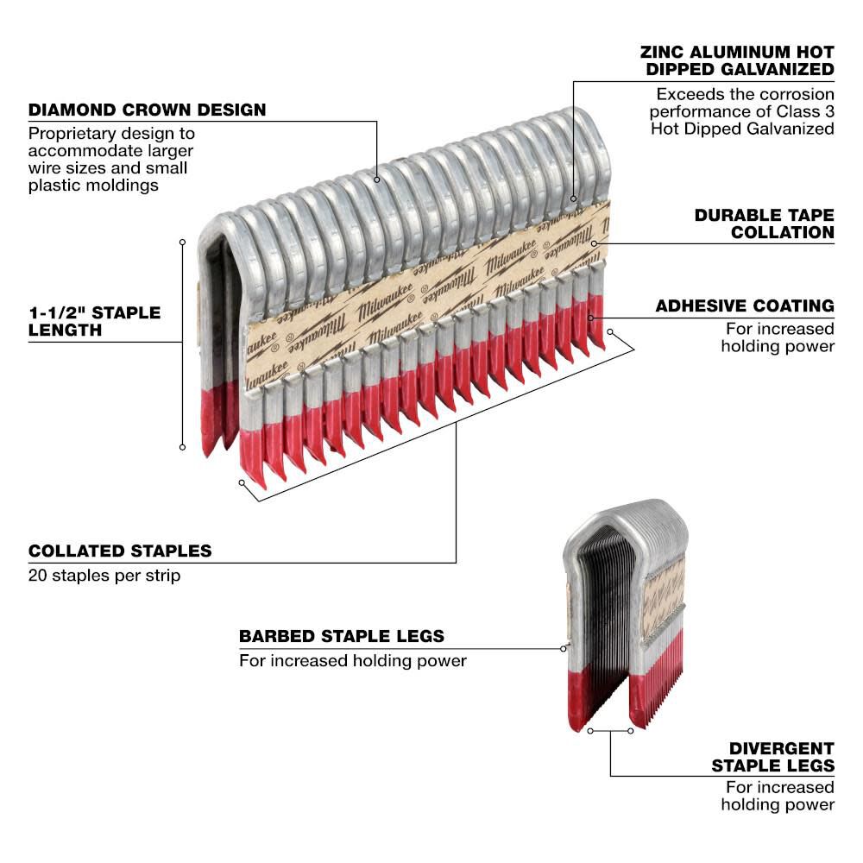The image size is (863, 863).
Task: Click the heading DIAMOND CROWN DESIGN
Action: tap(147, 110)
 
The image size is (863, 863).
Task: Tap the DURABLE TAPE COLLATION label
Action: tap(765, 223)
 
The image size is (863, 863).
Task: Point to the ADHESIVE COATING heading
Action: tap(745, 306)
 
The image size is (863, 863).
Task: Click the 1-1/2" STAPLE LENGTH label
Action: tap(95, 320)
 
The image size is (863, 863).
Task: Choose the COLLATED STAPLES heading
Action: tap(120, 551)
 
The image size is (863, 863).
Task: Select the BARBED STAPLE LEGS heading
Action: tap(342, 636)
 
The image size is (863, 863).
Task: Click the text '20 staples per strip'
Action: tap(104, 575)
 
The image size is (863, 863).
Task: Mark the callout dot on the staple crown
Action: tap(377, 180)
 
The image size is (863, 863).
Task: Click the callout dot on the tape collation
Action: tap(595, 243)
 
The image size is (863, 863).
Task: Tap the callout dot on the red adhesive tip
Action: tap(591, 318)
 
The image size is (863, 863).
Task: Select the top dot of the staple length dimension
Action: tap(182, 243)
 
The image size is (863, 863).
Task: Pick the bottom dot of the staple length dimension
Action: tap(182, 446)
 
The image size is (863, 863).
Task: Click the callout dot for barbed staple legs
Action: tap(564, 647)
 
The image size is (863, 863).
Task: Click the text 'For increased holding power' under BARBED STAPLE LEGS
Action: tap(352, 661)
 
